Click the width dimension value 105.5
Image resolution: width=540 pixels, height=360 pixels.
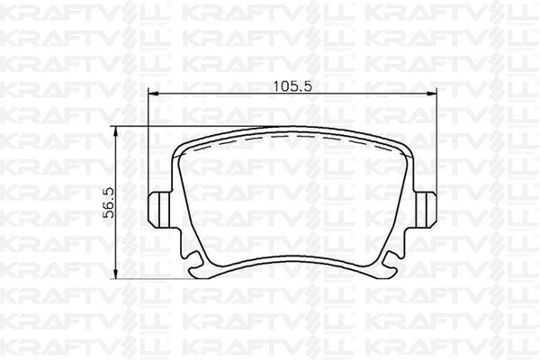pyautogui.click(x=292, y=86)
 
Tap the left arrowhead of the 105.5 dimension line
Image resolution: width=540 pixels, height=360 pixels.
pyautogui.click(x=153, y=94)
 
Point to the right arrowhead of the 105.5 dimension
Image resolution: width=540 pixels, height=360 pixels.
pyautogui.click(x=432, y=94)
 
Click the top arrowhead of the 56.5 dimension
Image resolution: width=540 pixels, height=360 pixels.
pyautogui.click(x=116, y=131)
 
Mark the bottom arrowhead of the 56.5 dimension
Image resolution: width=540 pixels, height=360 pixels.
pyautogui.click(x=116, y=274)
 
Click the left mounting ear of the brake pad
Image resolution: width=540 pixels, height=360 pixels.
pyautogui.click(x=159, y=210)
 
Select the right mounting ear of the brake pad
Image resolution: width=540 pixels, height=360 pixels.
pyautogui.click(x=426, y=210)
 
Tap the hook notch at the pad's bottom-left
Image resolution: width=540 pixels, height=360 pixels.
pyautogui.click(x=195, y=261)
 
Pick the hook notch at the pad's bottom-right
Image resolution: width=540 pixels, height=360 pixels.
pyautogui.click(x=389, y=261)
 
